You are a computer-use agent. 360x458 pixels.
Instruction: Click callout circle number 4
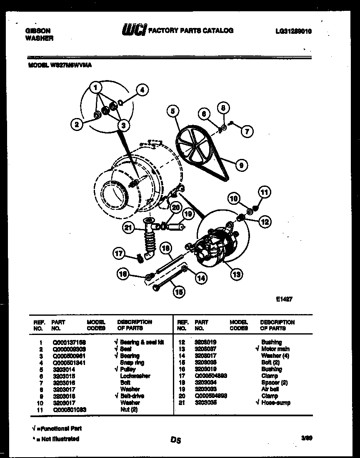(x=142, y=89)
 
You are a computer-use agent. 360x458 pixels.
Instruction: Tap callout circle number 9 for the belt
(x=240, y=166)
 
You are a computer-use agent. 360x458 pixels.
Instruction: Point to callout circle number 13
(x=236, y=274)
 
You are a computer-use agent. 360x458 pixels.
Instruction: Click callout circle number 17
(x=119, y=253)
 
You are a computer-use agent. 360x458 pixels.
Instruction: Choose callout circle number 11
(x=264, y=192)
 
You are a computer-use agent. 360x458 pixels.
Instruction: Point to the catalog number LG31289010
(x=293, y=31)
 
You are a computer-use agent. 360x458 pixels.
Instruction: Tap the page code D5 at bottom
(x=176, y=440)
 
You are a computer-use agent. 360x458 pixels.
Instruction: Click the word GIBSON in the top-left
(x=38, y=31)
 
